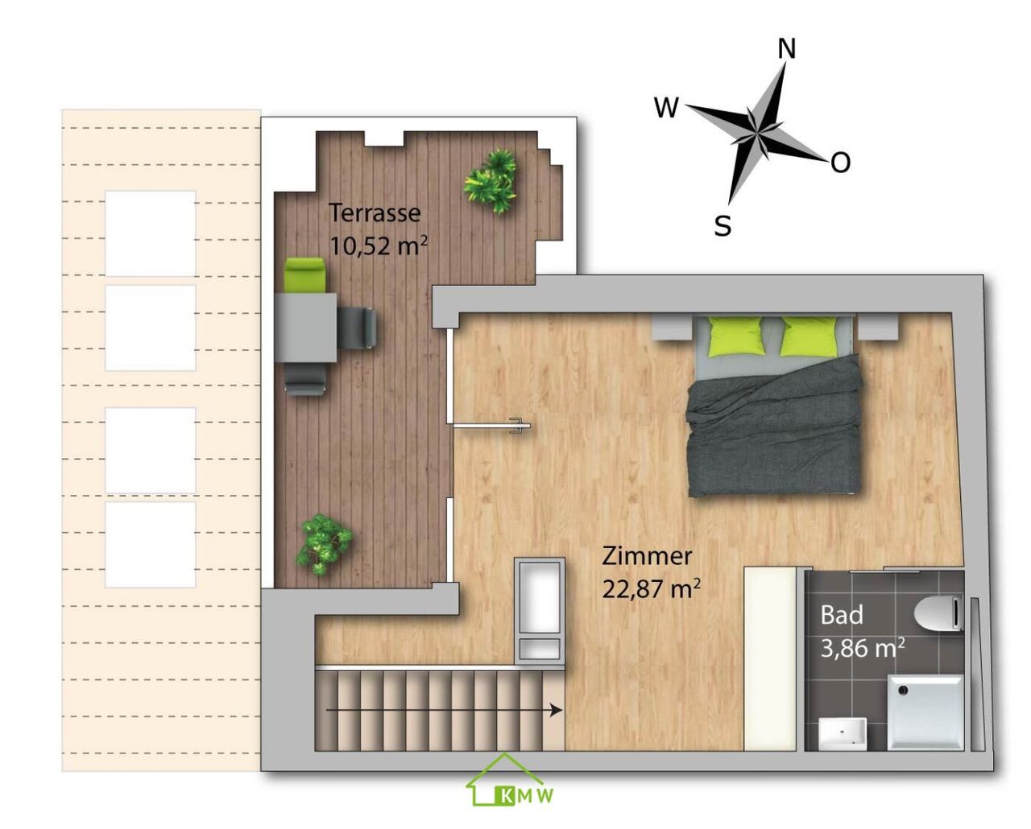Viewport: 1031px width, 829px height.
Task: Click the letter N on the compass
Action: [x=786, y=49]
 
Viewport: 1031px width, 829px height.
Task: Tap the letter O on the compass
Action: [x=840, y=163]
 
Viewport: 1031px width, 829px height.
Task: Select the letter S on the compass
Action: [x=723, y=225]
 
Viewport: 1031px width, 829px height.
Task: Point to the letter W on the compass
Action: [x=666, y=107]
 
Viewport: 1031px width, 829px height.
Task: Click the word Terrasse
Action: [x=375, y=212]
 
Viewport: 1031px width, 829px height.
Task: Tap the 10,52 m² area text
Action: [x=379, y=246]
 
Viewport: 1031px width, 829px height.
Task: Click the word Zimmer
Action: [x=647, y=556]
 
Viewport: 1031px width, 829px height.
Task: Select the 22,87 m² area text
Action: [x=651, y=588]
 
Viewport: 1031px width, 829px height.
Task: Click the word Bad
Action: [x=842, y=614]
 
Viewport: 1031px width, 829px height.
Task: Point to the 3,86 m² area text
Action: [x=863, y=649]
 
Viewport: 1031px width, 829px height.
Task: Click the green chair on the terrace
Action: [x=305, y=275]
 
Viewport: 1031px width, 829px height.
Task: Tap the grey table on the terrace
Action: [x=305, y=328]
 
